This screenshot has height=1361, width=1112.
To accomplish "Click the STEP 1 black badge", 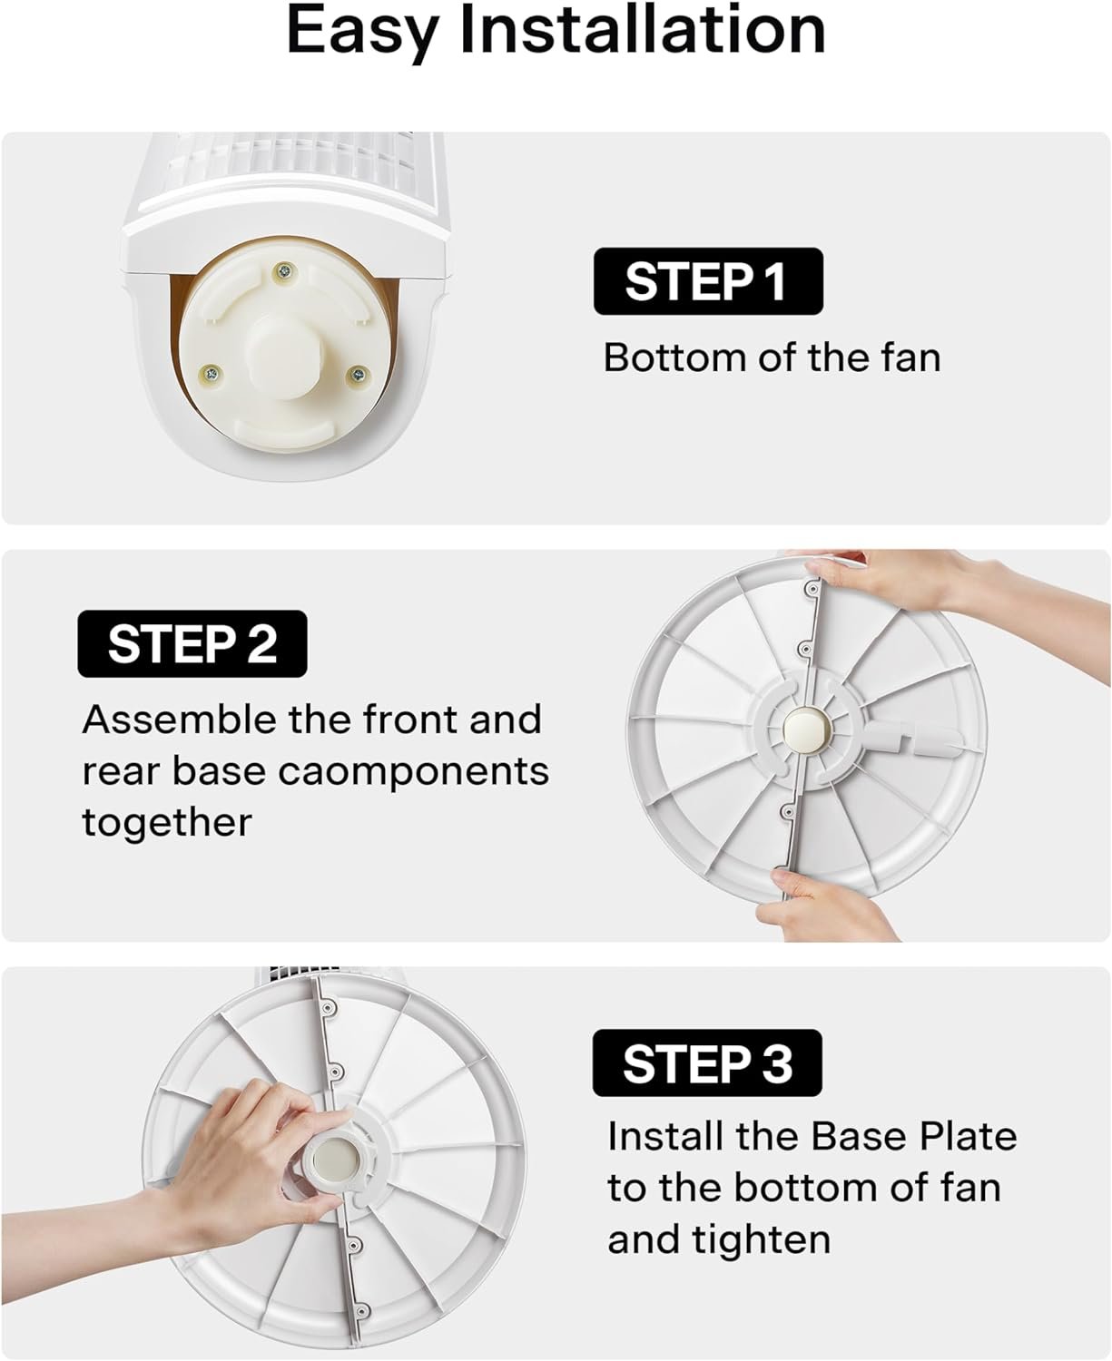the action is point(708,281).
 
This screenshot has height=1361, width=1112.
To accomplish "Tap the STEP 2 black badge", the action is point(192,643).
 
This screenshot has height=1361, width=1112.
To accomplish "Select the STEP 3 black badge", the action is point(707,1062).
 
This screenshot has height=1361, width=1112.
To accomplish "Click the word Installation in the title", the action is point(643,31).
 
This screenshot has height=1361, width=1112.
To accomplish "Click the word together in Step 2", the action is point(167,824).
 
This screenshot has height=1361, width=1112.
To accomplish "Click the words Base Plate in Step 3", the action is point(914,1136).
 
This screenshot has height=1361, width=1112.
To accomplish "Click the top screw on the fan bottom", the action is point(283,272).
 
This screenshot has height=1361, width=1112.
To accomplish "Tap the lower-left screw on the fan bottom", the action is point(212,372).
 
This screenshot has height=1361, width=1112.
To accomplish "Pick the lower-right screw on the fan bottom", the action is point(358,375).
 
